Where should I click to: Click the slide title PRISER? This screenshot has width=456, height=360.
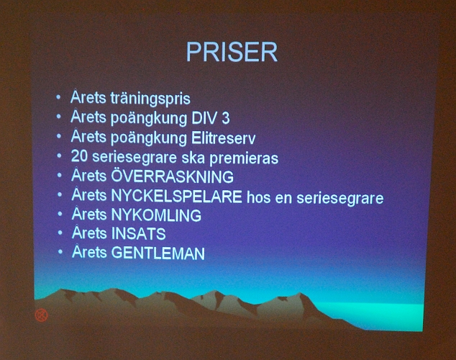pyautogui.click(x=232, y=53)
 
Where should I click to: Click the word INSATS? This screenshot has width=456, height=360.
pyautogui.click(x=139, y=234)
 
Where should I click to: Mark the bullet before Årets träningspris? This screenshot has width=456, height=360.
pyautogui.click(x=59, y=96)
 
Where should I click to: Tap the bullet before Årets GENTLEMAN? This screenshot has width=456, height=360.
pyautogui.click(x=61, y=252)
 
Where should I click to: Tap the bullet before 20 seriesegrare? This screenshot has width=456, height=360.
pyautogui.click(x=60, y=155)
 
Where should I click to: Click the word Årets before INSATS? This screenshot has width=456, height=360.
pyautogui.click(x=88, y=233)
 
